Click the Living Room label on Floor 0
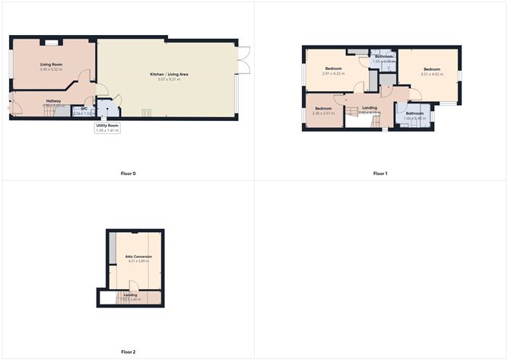[52, 65]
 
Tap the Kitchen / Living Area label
[168, 75]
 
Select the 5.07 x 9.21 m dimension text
[168, 79]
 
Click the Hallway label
[53, 100]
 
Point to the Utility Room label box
[107, 129]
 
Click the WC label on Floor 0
[84, 109]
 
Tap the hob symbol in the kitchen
[146, 113]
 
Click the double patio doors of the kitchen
[243, 61]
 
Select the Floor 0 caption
[128, 174]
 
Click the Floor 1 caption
[380, 174]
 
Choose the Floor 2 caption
[128, 352]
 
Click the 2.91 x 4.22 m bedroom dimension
[332, 74]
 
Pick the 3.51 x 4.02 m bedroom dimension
[432, 74]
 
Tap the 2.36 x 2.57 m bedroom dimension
[323, 113]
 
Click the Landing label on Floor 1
[370, 108]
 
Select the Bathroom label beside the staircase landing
[414, 113]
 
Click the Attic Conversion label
[138, 256]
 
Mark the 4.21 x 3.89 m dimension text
[138, 261]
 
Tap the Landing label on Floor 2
[130, 294]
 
